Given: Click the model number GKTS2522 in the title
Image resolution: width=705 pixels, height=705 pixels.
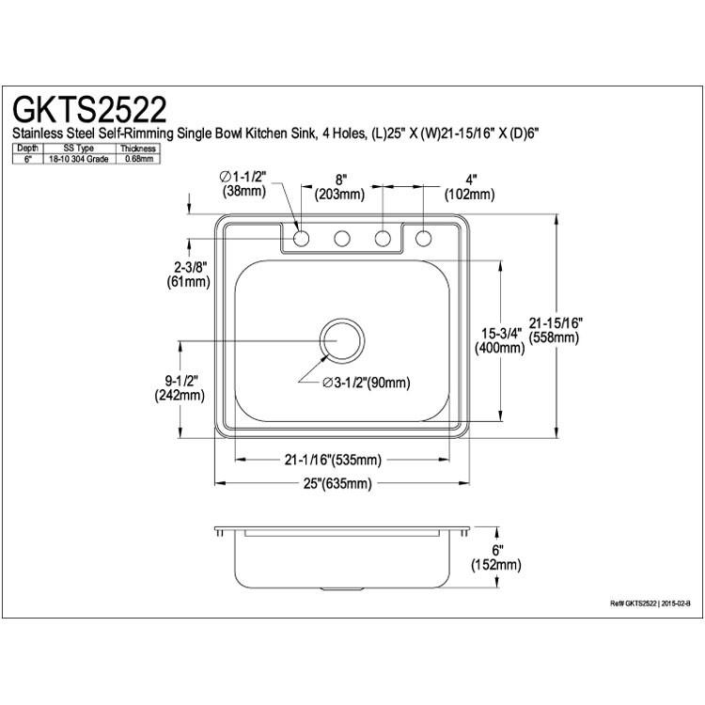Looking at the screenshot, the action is point(89,109).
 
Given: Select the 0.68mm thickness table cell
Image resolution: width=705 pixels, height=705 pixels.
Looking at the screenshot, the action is point(137,159).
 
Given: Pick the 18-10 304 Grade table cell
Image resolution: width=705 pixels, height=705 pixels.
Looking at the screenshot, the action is point(79,159).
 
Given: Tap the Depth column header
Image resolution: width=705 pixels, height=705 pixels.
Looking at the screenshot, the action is point(28,148).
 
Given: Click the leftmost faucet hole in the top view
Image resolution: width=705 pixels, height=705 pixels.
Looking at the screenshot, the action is point(301,238).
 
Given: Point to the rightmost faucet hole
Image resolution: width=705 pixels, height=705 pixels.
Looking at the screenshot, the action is point(423,238).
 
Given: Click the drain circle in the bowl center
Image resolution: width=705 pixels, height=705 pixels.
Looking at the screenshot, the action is point(342,340).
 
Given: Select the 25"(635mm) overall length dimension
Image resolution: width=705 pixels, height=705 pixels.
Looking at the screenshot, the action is point(337,483).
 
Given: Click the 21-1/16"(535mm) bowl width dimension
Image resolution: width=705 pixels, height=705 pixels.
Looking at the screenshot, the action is point(333,460).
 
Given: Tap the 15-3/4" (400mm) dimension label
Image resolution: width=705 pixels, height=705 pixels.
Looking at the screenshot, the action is point(499,340).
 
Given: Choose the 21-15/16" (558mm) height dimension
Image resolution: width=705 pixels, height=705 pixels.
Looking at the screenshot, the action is point(556,330).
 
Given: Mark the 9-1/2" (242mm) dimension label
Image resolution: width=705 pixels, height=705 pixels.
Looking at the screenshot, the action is point(180,388).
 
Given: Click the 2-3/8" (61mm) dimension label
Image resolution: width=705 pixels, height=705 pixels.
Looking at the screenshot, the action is point(189,274).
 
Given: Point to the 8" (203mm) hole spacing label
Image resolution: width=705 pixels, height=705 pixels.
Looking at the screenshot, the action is point(339,187).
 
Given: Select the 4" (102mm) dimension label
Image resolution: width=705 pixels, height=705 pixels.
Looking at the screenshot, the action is point(469,187).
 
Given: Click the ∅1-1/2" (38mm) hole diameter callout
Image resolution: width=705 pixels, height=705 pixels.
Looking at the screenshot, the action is point(243,183).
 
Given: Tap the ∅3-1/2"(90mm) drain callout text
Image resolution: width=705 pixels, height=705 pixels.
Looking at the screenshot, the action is point(367,383).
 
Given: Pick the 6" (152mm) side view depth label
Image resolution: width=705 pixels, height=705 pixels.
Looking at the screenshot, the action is point(496,557).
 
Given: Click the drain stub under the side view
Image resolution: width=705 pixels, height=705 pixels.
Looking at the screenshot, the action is point(342,589).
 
